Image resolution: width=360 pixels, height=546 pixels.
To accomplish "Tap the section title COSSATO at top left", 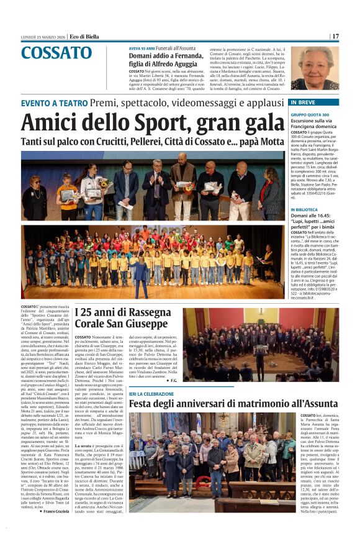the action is (x=56, y=53).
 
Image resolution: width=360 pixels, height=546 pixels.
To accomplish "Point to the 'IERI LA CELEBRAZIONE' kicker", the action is (x=151, y=394).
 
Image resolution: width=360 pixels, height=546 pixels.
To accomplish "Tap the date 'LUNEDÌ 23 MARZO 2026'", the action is (x=42, y=36).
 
